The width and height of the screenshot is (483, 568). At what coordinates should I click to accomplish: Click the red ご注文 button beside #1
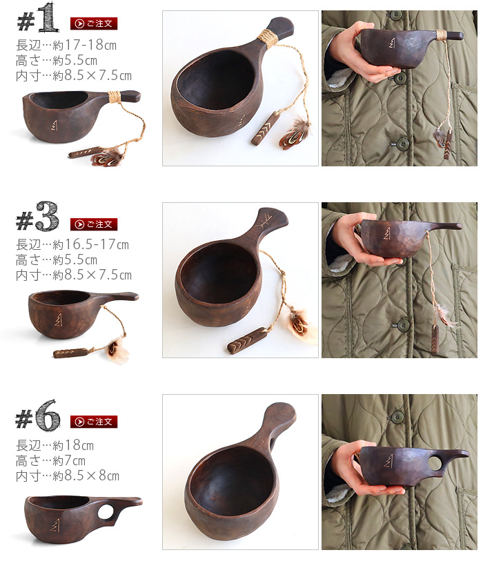[x=94, y=23]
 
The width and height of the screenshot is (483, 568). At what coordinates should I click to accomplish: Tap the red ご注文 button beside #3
[x=94, y=224]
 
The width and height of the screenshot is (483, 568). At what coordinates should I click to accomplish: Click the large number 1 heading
[x=48, y=17]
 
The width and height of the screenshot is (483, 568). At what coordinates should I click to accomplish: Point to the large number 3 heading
[x=47, y=216]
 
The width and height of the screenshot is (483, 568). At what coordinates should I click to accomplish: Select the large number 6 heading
[x=48, y=415]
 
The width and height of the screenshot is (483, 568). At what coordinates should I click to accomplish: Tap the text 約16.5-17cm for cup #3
[x=90, y=244]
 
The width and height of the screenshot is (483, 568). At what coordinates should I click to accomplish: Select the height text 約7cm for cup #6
[x=69, y=461]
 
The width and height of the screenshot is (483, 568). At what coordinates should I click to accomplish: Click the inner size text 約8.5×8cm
[x=86, y=476]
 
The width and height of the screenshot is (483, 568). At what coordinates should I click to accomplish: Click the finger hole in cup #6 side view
[x=106, y=511]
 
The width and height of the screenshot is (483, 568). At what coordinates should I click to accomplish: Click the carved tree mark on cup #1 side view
[x=55, y=125]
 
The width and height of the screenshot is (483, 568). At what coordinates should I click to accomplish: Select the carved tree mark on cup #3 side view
[x=58, y=320]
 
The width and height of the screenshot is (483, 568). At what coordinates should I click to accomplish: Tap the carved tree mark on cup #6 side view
[x=55, y=525]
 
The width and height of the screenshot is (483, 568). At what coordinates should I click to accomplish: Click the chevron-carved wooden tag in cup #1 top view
[x=265, y=129]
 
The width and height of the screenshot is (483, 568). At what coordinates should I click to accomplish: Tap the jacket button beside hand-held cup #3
[x=404, y=325]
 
